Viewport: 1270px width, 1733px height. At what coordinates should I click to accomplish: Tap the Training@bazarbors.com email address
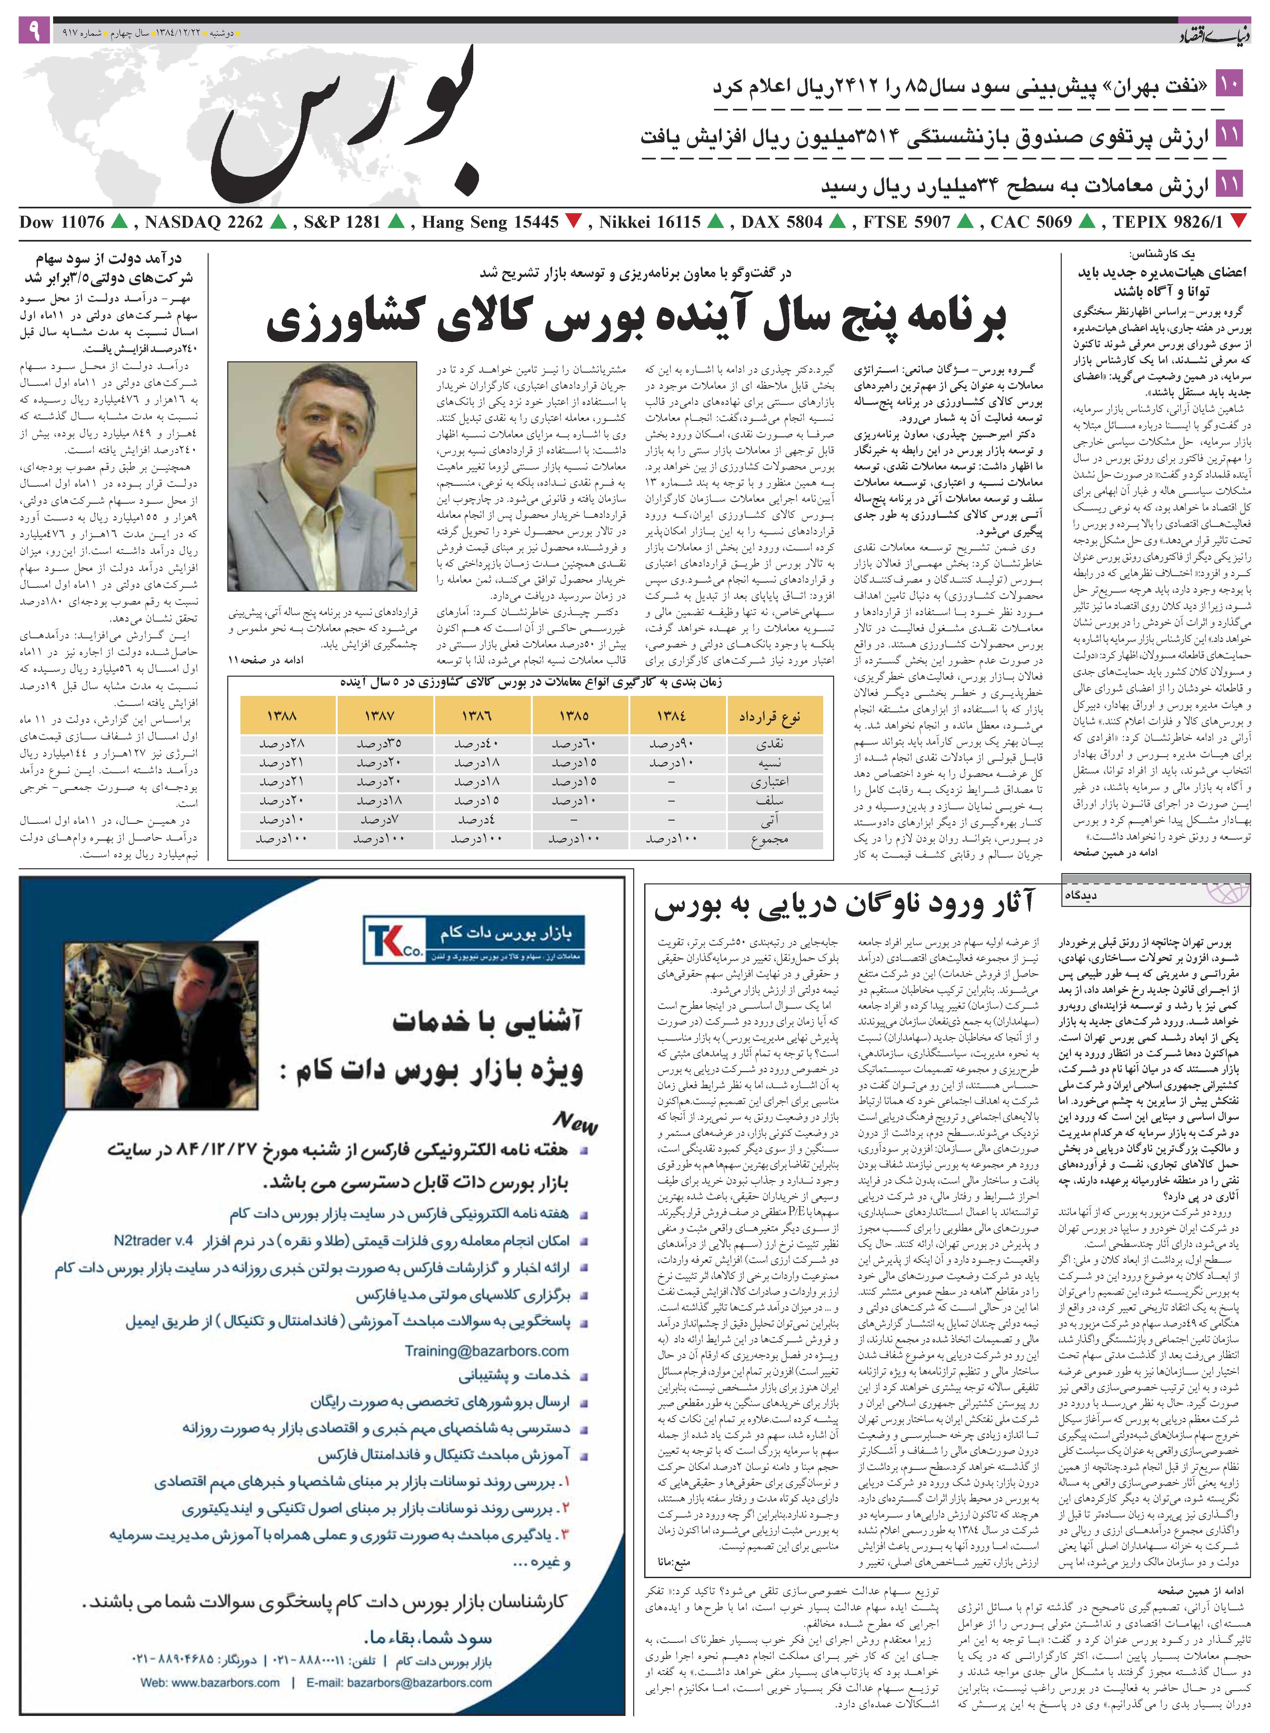[487, 1350]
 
